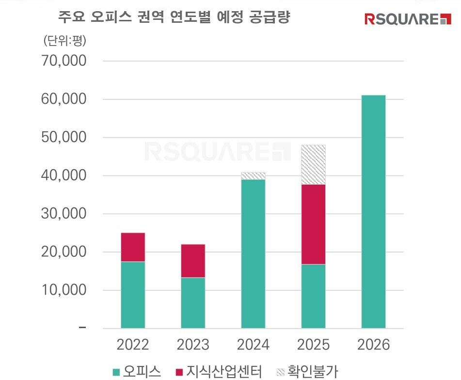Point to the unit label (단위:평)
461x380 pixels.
pos(64,41)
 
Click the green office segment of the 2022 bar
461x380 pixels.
pos(133,295)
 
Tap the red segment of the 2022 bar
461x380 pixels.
pos(133,247)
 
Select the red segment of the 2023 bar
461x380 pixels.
pos(193,261)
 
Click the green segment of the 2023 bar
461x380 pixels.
pos(193,303)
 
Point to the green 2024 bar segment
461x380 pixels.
pos(253,253)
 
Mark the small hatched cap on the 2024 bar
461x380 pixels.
pos(253,176)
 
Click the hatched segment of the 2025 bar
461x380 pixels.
pos(313,165)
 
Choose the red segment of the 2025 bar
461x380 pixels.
pos(313,224)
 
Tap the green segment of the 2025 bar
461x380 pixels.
pos(313,296)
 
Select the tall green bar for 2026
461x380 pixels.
pos(373,211)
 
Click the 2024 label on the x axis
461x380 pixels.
pos(253,345)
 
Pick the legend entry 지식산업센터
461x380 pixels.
pos(218,372)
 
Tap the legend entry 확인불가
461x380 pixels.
pos(306,372)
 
